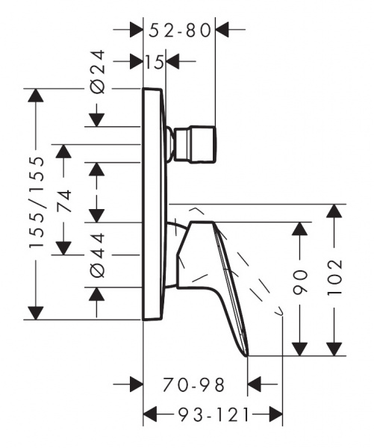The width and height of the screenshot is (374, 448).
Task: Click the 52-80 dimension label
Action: coord(180,31)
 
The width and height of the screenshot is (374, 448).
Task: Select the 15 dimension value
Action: coord(155,62)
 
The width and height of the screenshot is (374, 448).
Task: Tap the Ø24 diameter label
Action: coord(98,72)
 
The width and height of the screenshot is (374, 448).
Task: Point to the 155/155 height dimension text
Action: coord(37,202)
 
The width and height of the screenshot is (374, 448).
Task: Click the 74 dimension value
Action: coord(64,201)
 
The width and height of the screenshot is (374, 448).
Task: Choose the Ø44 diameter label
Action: coord(98,255)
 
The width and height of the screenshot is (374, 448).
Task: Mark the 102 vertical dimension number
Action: coord(334,278)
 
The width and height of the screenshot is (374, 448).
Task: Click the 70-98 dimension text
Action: coord(193,385)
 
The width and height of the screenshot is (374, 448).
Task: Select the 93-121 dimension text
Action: coord(214,415)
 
